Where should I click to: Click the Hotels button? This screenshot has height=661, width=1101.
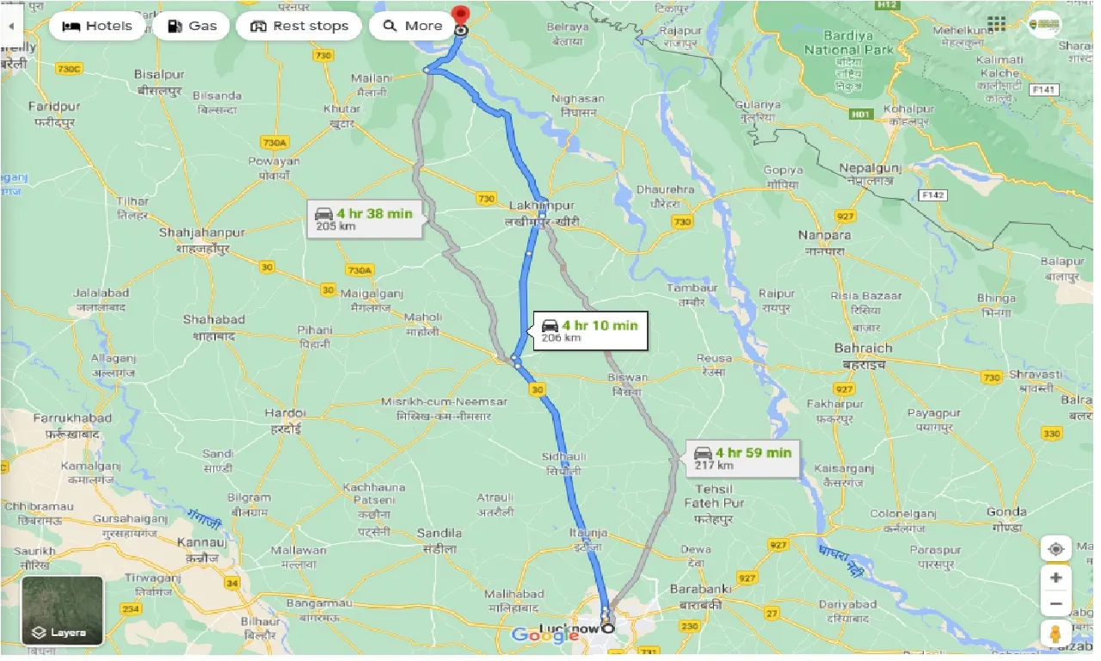pyautogui.click(x=97, y=26)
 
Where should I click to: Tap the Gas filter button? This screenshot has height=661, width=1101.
pyautogui.click(x=192, y=26)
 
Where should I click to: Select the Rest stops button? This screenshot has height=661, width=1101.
pyautogui.click(x=299, y=26)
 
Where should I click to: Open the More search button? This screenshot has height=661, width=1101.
pyautogui.click(x=413, y=26)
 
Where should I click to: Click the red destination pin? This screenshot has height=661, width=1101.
pyautogui.click(x=461, y=16)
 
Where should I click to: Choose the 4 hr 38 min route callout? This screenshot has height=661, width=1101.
pyautogui.click(x=365, y=219)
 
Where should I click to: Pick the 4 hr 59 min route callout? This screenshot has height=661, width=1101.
pyautogui.click(x=743, y=458)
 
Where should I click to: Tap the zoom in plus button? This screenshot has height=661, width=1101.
pyautogui.click(x=1056, y=578)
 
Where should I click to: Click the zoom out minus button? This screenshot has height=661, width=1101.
pyautogui.click(x=1056, y=603)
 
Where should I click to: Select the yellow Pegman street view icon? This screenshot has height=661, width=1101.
pyautogui.click(x=1056, y=633)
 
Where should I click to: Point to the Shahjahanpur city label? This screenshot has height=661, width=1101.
pyautogui.click(x=202, y=232)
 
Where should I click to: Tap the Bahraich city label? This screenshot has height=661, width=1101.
pyautogui.click(x=863, y=349)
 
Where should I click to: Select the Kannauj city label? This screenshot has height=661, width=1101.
pyautogui.click(x=200, y=543)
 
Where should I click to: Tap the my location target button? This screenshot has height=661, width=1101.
pyautogui.click(x=1056, y=548)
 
